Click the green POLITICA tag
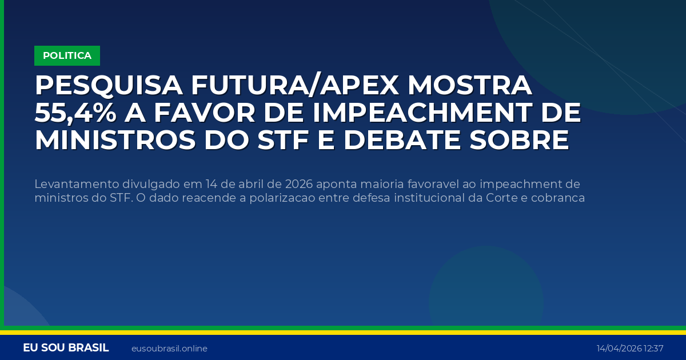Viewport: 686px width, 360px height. click(x=67, y=55)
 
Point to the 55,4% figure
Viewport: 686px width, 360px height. click(x=75, y=113)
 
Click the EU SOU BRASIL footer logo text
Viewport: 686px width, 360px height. click(x=66, y=348)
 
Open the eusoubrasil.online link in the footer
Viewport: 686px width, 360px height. click(x=169, y=349)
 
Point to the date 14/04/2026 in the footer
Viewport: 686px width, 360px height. click(x=619, y=349)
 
